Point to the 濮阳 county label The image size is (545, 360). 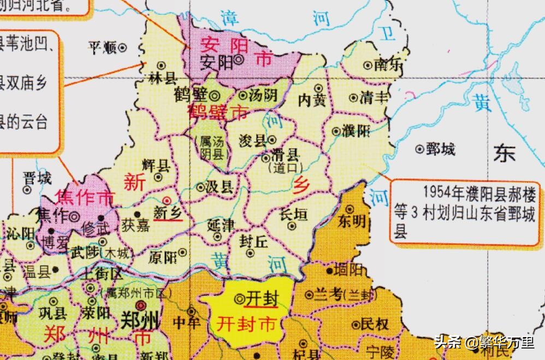(x=357, y=131)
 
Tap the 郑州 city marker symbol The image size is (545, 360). (x=141, y=305)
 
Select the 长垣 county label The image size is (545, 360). (x=293, y=215)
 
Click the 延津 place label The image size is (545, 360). (x=221, y=224)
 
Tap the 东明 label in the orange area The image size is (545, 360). (x=352, y=221)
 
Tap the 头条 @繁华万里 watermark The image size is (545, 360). (x=484, y=343)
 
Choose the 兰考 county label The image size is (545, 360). (x=329, y=294)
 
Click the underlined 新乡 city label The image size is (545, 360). (x=168, y=212)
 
